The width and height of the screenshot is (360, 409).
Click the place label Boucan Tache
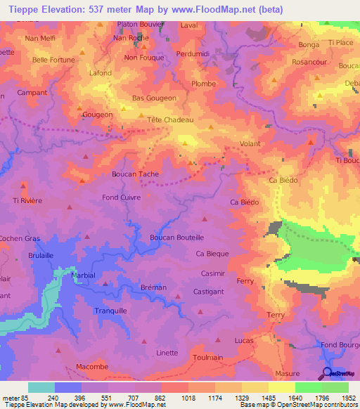pyautogui.click(x=135, y=174)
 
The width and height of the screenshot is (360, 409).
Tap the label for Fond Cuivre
pyautogui.click(x=122, y=197)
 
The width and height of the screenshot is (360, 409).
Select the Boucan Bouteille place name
pyautogui.click(x=176, y=238)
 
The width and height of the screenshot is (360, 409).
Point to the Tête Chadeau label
pyautogui.click(x=170, y=119)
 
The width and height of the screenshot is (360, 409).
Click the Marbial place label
pyautogui.click(x=83, y=275)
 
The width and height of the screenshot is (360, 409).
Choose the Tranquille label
pyautogui.click(x=110, y=310)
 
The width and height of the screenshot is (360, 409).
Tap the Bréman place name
pyautogui.click(x=153, y=287)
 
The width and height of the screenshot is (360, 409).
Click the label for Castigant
pyautogui.click(x=208, y=291)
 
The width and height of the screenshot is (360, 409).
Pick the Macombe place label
pyautogui.click(x=92, y=367)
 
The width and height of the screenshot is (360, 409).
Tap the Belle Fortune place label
pyautogui.click(x=53, y=60)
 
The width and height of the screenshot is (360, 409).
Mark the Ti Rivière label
pyautogui.click(x=27, y=200)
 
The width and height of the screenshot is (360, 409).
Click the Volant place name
pyautogui.click(x=250, y=144)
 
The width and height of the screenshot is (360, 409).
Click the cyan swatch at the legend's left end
pyautogui.click(x=41, y=387)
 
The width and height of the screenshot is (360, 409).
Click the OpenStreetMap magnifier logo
pyautogui.click(x=327, y=374)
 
